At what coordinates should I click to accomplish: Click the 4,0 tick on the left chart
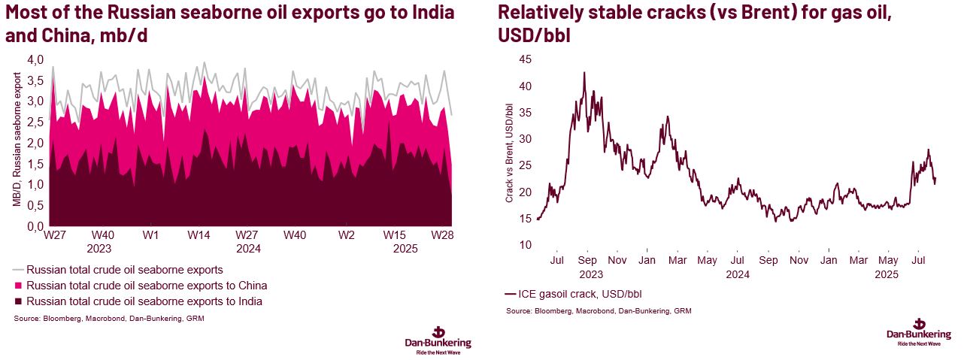pyautogui.click(x=35, y=59)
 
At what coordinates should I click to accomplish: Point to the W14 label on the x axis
pyautogui.click(x=199, y=235)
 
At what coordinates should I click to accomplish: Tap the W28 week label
pyautogui.click(x=442, y=235)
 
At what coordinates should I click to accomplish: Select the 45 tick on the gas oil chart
pyautogui.click(x=525, y=59)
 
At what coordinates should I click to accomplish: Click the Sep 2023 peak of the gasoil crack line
pyautogui.click(x=584, y=73)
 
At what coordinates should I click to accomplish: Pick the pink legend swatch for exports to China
pyautogui.click(x=18, y=286)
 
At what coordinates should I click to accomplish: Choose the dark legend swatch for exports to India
pyautogui.click(x=18, y=301)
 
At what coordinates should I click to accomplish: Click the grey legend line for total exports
pyautogui.click(x=18, y=269)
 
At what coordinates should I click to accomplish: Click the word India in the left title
pyautogui.click(x=424, y=14)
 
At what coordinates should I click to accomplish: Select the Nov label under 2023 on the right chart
pyautogui.click(x=617, y=261)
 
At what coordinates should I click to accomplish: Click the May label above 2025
pyautogui.click(x=889, y=261)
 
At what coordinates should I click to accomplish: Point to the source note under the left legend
pyautogui.click(x=109, y=319)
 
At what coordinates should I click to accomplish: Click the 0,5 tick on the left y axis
pyautogui.click(x=35, y=205)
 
